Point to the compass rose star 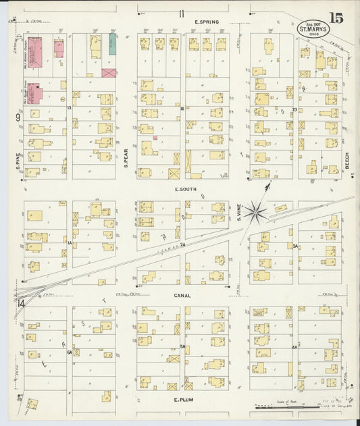pyautogui.click(x=256, y=211)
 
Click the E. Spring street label pyautogui.click(x=206, y=22)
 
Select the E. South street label pyautogui.click(x=185, y=190)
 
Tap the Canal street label pyautogui.click(x=182, y=295)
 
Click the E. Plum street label pyautogui.click(x=184, y=400)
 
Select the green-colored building pyautogui.click(x=113, y=45)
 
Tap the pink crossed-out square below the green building pyautogui.click(x=109, y=72)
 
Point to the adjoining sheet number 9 pyautogui.click(x=18, y=118)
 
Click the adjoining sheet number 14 pyautogui.click(x=22, y=304)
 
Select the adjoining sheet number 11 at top pyautogui.click(x=181, y=14)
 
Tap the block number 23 pyautogui.click(x=294, y=109)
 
